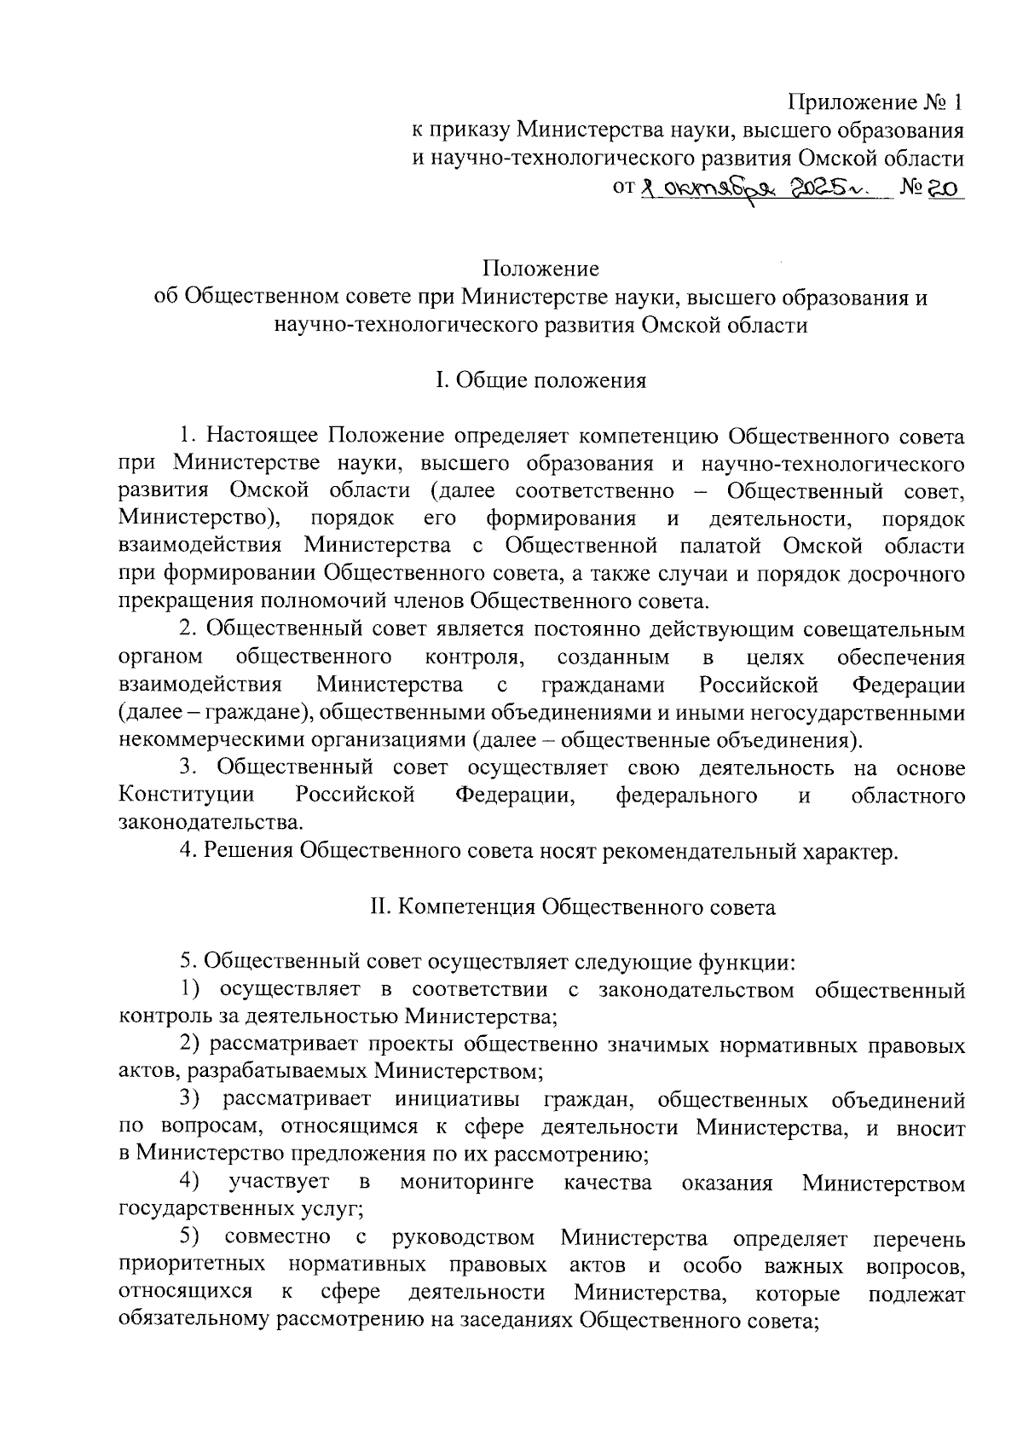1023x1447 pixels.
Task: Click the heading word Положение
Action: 540,269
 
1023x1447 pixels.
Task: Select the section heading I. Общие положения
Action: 540,380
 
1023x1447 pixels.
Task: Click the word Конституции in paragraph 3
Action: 187,796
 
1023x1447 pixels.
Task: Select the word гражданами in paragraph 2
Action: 601,685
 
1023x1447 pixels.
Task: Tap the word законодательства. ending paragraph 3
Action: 211,823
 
